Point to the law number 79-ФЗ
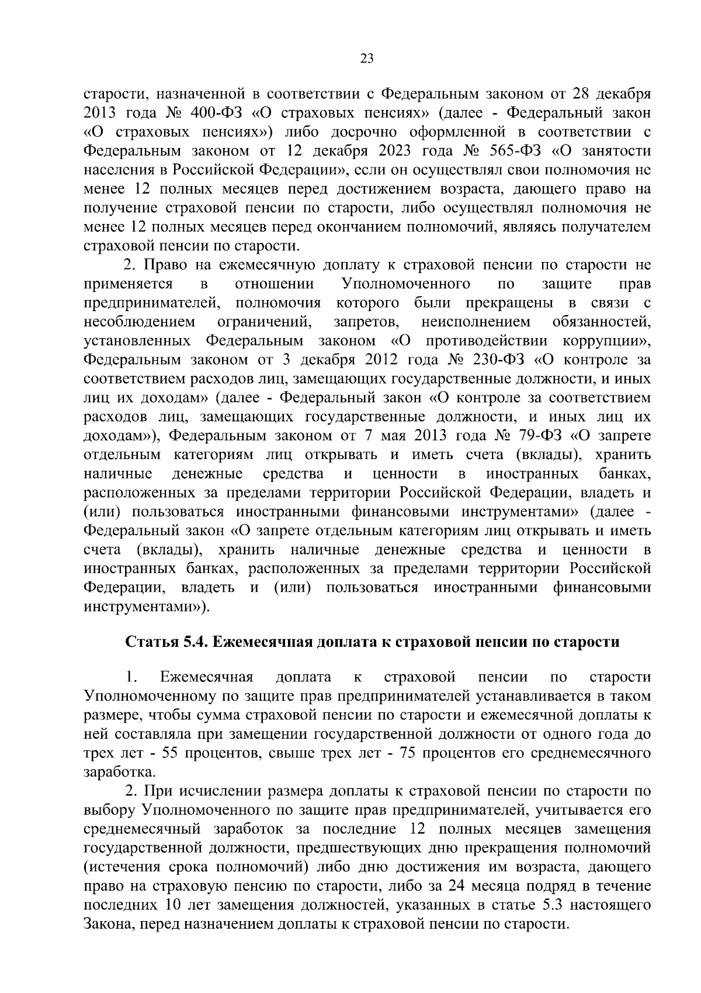tap(539, 436)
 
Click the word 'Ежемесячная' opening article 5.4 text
tap(207, 677)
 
